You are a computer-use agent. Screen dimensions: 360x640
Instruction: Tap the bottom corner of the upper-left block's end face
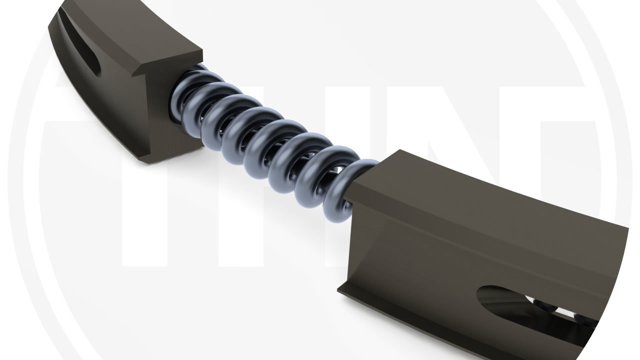point(145,160)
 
